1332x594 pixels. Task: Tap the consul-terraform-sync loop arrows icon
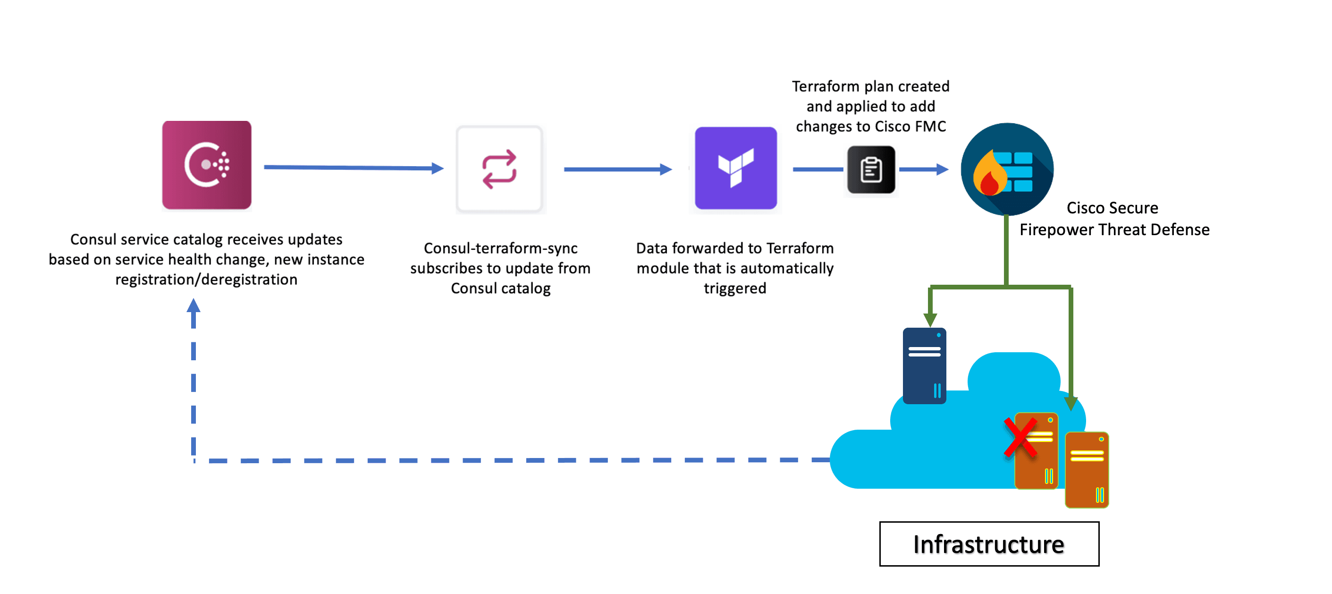pyautogui.click(x=499, y=169)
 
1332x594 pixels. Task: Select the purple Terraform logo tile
pyautogui.click(x=735, y=168)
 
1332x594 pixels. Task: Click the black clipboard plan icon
pyautogui.click(x=871, y=170)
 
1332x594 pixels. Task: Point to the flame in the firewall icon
pyautogui.click(x=989, y=174)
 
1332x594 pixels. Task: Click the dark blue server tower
pyautogui.click(x=924, y=366)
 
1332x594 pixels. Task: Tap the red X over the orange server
pyautogui.click(x=1020, y=438)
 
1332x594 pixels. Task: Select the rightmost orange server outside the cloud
pyautogui.click(x=1087, y=470)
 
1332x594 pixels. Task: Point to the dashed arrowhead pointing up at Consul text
pyautogui.click(x=194, y=306)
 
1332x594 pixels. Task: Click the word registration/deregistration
pyautogui.click(x=206, y=280)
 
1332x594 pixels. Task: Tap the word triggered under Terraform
pyautogui.click(x=735, y=288)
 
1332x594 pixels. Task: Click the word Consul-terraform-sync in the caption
pyautogui.click(x=500, y=248)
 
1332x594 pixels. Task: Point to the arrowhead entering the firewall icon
pyautogui.click(x=942, y=169)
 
